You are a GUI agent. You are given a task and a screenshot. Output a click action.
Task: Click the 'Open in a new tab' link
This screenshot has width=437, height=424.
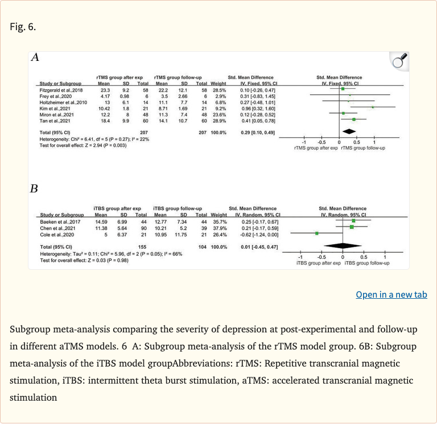click(x=391, y=294)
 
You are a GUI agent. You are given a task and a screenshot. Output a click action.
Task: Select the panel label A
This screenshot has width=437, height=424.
click(x=35, y=57)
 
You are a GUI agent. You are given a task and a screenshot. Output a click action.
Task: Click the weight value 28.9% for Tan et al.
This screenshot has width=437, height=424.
click(x=218, y=121)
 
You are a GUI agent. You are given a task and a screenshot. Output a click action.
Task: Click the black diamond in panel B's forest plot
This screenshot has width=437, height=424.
click(x=343, y=246)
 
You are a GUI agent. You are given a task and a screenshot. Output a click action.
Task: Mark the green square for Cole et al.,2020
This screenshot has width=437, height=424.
click(x=317, y=233)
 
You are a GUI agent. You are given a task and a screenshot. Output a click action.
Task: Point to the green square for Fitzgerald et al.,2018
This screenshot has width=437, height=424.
click(x=343, y=89)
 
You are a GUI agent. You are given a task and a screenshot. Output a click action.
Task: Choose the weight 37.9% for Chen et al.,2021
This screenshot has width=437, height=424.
click(x=218, y=227)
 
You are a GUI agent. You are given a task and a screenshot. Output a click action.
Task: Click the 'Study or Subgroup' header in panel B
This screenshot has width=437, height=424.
click(x=61, y=215)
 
